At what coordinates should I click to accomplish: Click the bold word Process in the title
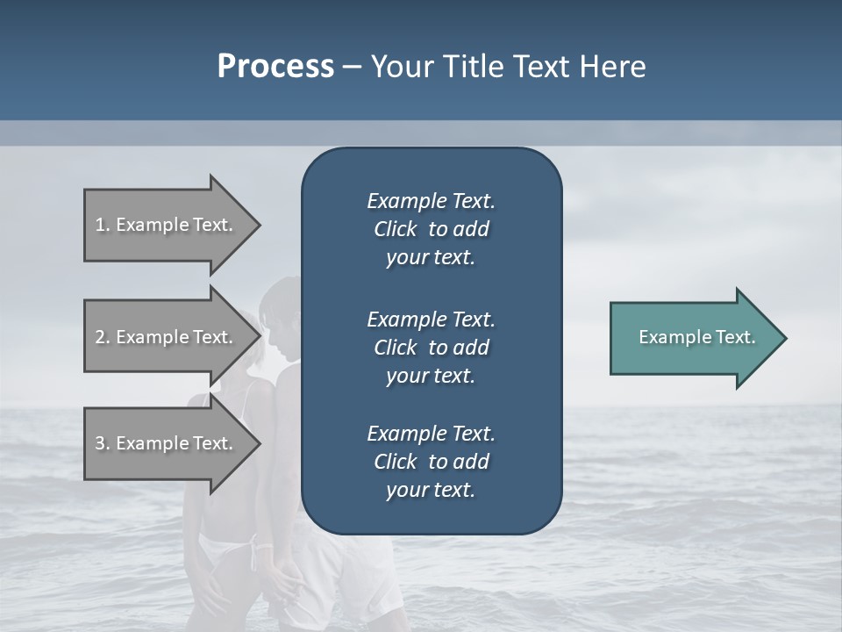pyautogui.click(x=275, y=67)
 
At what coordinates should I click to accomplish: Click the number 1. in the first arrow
pyautogui.click(x=103, y=225)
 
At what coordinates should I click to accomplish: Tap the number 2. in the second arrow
pyautogui.click(x=103, y=337)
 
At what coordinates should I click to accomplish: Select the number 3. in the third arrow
pyautogui.click(x=103, y=443)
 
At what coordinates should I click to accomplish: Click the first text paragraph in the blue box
pyautogui.click(x=431, y=229)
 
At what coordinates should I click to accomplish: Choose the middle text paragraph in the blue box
pyautogui.click(x=431, y=348)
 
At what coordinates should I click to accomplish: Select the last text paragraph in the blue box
pyautogui.click(x=431, y=462)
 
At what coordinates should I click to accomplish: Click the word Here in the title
pyautogui.click(x=614, y=67)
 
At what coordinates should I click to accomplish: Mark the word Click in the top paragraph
pyautogui.click(x=395, y=229)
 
